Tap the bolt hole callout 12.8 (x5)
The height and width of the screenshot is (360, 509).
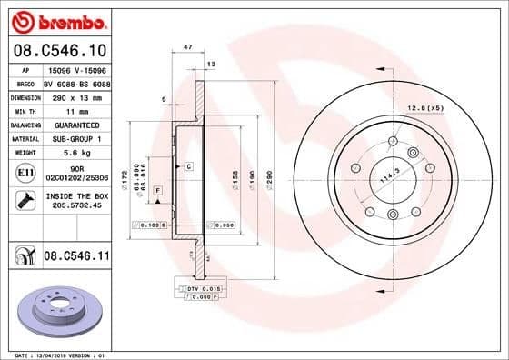coord(425,108)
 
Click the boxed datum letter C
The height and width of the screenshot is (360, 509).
coord(188,166)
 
